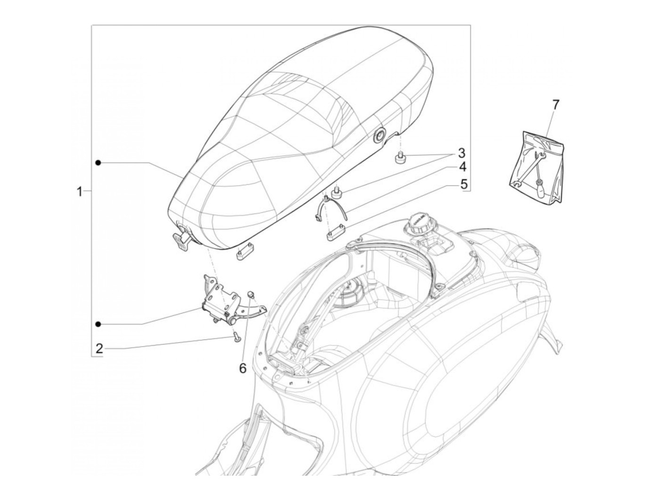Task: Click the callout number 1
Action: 79,191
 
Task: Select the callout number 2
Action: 99,348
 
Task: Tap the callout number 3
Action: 462,153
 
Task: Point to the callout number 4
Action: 462,166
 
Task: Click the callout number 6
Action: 242,367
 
